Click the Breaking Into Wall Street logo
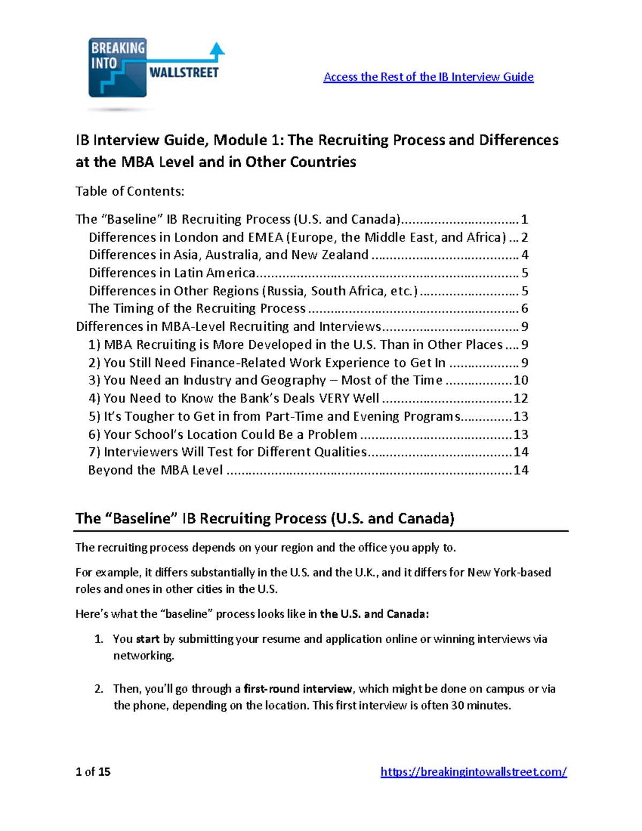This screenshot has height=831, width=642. [155, 68]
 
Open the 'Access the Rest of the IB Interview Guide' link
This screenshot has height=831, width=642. [428, 77]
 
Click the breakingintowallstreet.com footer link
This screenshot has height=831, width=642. [473, 772]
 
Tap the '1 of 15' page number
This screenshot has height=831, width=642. [93, 772]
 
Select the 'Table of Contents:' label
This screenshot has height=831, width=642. [129, 192]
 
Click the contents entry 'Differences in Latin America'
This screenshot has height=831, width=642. [172, 273]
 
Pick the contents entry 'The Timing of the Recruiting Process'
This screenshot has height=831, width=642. [197, 309]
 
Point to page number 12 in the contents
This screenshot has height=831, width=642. [521, 399]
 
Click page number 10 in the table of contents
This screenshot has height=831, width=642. [521, 380]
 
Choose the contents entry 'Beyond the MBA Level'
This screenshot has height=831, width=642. [155, 470]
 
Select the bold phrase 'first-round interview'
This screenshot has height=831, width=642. [298, 689]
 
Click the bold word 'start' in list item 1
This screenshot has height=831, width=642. [148, 639]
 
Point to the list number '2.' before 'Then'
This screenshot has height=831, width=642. [99, 689]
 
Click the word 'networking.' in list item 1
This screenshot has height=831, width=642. [143, 656]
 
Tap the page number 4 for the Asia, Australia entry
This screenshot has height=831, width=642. [525, 255]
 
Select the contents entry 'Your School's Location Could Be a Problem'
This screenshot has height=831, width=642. [223, 434]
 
